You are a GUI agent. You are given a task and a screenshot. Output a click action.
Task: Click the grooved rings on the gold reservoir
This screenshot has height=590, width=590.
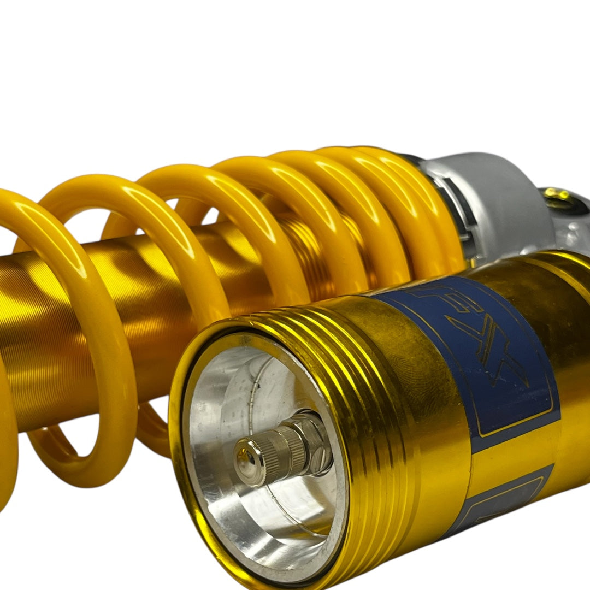pos(339,350)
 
